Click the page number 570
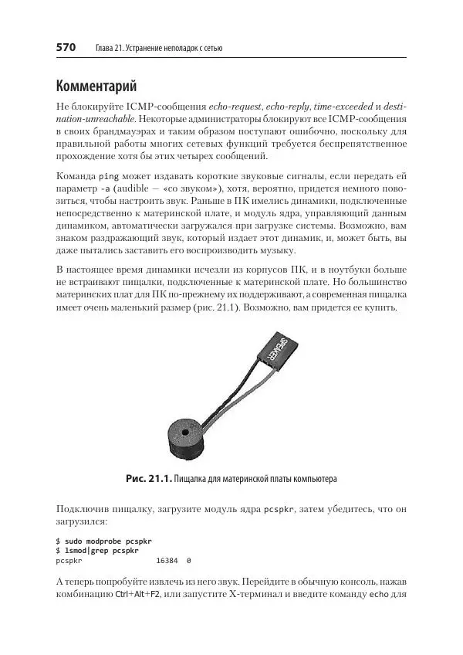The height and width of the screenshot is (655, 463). (x=66, y=48)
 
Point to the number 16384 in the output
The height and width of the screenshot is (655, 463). (x=168, y=560)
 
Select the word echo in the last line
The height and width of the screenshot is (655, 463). (x=377, y=595)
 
